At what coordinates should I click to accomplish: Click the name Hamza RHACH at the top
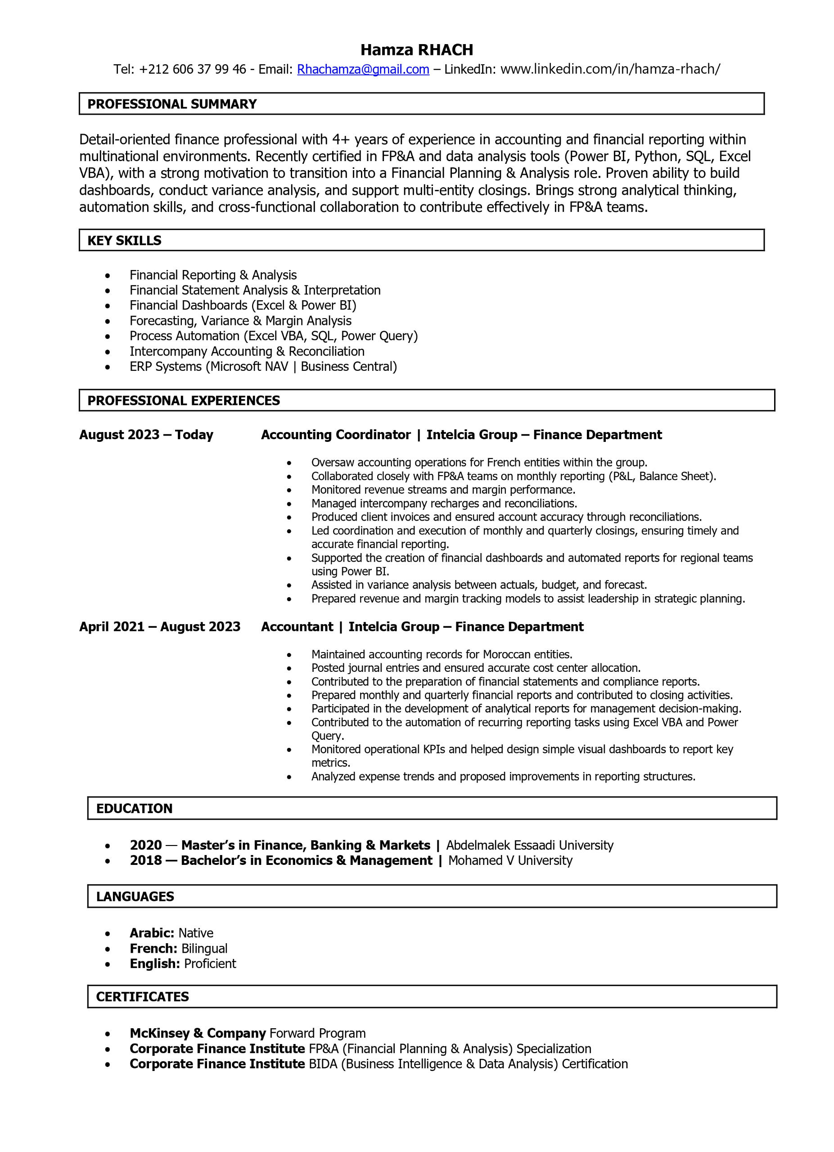point(416,50)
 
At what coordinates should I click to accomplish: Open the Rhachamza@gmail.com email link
point(363,70)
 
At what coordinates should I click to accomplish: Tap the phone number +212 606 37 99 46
point(192,70)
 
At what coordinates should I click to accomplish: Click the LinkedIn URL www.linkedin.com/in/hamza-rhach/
point(609,70)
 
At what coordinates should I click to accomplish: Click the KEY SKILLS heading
point(124,241)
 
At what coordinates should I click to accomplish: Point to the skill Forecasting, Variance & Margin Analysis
point(240,321)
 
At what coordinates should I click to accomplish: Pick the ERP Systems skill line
point(263,367)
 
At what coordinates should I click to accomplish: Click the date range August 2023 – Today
point(146,435)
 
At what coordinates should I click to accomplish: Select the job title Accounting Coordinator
point(335,435)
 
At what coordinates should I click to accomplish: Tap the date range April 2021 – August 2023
point(159,627)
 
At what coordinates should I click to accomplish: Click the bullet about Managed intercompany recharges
point(444,504)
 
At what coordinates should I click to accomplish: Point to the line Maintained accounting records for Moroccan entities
point(442,655)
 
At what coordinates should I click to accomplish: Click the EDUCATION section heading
point(134,809)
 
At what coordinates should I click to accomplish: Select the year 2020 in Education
point(146,845)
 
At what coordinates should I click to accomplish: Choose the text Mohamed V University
point(510,860)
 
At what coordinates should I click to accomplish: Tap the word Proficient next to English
point(210,963)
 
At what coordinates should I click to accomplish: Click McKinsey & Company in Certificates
point(198,1033)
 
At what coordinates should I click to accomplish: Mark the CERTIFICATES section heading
point(142,997)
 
